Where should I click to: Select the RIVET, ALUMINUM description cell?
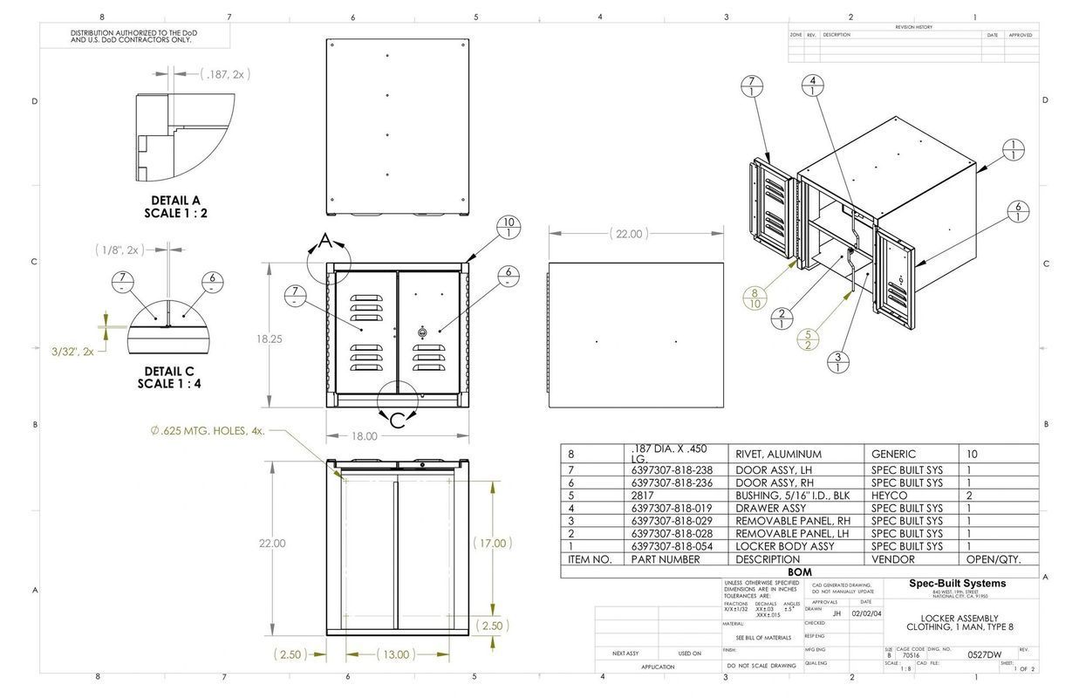point(778,454)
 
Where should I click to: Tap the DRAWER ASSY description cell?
point(770,508)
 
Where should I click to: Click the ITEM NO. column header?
point(590,559)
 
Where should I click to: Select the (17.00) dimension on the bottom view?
point(492,543)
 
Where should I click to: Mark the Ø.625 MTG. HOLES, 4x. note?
point(207,431)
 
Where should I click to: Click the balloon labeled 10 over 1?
point(509,228)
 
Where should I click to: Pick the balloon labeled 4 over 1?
point(813,86)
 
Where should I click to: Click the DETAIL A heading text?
point(175,200)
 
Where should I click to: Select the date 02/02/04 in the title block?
point(866,613)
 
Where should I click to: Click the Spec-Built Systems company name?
point(957,584)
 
